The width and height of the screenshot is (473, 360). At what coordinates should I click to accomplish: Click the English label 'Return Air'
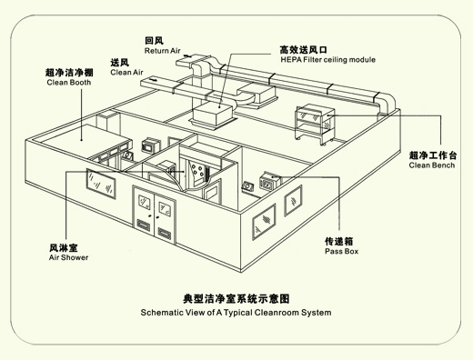(x=162, y=51)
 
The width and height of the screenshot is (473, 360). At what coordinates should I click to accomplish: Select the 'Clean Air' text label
(x=126, y=73)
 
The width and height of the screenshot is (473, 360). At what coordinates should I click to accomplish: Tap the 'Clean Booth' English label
(x=69, y=83)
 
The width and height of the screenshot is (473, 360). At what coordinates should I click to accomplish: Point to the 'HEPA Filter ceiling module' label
(x=328, y=60)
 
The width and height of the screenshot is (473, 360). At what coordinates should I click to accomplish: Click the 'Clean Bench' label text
(x=432, y=165)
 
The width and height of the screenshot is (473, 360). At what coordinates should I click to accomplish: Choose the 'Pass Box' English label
(x=341, y=252)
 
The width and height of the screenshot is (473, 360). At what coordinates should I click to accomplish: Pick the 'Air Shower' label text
(x=68, y=257)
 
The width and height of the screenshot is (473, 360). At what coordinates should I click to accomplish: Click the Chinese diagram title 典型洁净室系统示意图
(x=236, y=299)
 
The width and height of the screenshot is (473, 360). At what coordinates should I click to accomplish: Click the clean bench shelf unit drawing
(x=316, y=125)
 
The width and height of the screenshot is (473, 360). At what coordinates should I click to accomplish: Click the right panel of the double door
(x=165, y=220)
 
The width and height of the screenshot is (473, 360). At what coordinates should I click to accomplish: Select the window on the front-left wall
(x=101, y=184)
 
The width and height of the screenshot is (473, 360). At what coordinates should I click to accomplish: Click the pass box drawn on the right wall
(x=271, y=181)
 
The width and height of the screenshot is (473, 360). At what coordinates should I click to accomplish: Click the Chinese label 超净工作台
(x=433, y=155)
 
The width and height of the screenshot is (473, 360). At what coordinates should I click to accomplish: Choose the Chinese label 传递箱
(x=339, y=242)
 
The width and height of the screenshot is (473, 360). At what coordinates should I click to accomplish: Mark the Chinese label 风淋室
(x=64, y=248)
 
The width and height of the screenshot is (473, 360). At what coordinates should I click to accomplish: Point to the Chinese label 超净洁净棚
(x=69, y=73)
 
